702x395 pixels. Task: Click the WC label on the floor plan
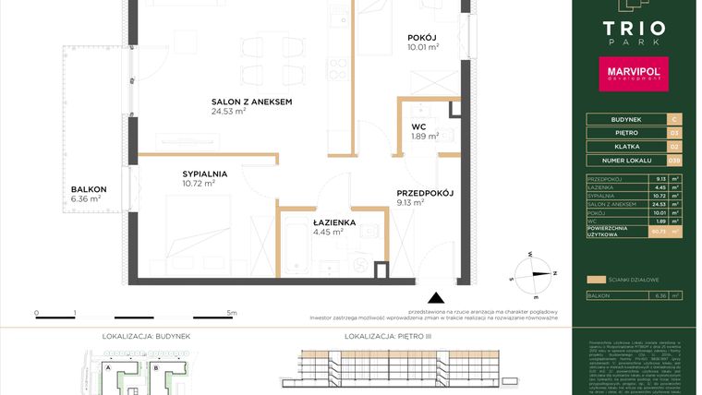click(x=418, y=127)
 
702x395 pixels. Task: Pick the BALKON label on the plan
click(x=89, y=189)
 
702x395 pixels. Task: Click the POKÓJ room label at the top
click(x=422, y=37)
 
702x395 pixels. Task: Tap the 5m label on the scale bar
click(x=232, y=314)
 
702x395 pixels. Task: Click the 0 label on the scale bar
click(x=36, y=314)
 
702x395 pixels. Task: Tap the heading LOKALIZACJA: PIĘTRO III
click(x=381, y=337)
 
